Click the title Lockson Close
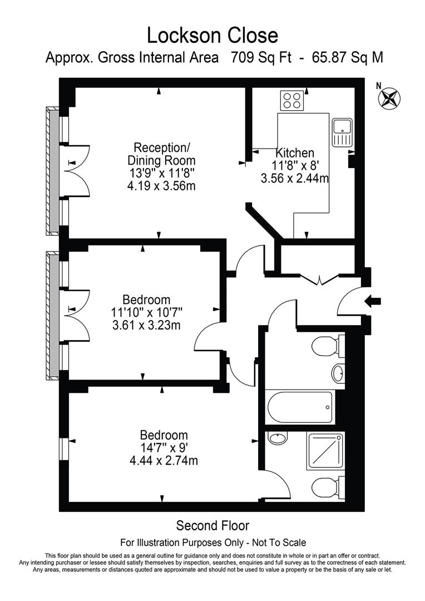click(212, 35)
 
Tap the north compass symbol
click(389, 98)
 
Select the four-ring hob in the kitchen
click(293, 100)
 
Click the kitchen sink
click(342, 132)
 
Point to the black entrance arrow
click(372, 301)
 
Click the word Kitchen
click(295, 153)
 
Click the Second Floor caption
click(212, 525)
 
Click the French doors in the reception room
click(75, 170)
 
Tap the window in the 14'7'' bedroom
click(65, 446)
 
